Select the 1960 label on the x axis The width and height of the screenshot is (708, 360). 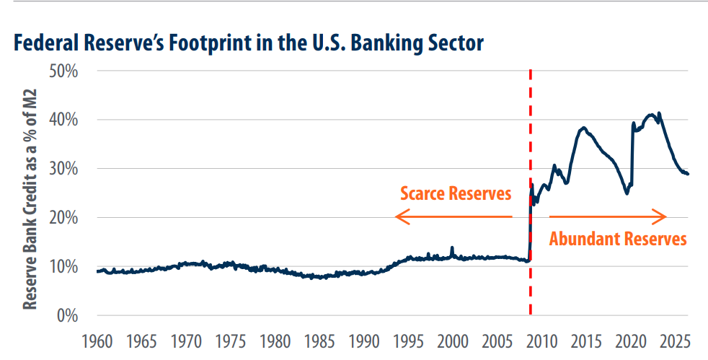[97, 342]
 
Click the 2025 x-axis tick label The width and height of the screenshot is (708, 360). [675, 342]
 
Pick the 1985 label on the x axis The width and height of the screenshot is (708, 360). [319, 342]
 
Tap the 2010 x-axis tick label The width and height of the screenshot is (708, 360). [541, 342]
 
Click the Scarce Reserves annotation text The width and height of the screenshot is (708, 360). [456, 193]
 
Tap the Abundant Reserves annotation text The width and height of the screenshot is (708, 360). [618, 239]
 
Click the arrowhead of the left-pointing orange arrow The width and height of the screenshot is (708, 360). [397, 217]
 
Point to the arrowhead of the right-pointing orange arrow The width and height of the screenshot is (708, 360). [665, 217]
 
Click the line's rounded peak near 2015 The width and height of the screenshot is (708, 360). [584, 128]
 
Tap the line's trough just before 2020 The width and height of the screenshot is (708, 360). [627, 193]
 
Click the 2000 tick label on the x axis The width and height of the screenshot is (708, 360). [453, 342]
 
